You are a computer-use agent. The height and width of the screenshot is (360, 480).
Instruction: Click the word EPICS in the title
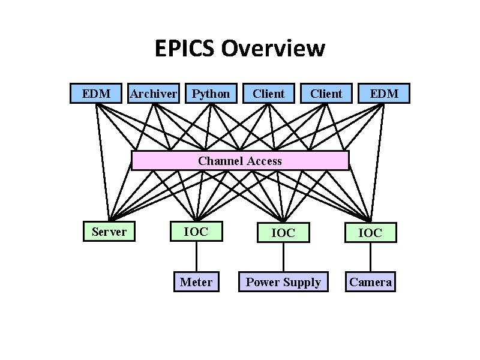point(184,49)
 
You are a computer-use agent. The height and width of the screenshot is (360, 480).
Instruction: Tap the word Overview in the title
point(273,49)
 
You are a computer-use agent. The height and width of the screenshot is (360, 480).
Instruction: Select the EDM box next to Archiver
point(96,93)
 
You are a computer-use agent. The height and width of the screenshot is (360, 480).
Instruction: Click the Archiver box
point(154,93)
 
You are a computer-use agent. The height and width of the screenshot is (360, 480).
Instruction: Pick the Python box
point(211,93)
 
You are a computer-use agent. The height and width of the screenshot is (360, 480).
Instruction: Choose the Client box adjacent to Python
point(269,93)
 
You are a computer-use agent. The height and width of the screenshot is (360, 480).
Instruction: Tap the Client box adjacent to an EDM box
point(326,93)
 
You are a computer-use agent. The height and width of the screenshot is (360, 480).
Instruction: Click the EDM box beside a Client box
point(383,93)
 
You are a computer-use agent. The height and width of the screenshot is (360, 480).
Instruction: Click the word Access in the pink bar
point(263,161)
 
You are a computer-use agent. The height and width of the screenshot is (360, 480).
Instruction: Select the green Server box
point(109,232)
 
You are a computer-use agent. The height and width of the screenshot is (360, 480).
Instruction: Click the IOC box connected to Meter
point(196,231)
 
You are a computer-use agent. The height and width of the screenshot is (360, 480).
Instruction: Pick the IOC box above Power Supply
point(283,232)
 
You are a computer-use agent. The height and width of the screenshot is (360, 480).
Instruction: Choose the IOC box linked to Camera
point(370,232)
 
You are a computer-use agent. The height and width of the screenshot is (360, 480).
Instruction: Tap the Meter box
point(196,282)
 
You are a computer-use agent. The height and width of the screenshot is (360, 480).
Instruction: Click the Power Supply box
point(283,282)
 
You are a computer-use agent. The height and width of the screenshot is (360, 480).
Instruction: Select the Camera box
point(370,282)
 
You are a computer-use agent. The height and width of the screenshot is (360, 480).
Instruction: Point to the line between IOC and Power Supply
point(283,257)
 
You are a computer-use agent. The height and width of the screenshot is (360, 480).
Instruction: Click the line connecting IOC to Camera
point(370,257)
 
